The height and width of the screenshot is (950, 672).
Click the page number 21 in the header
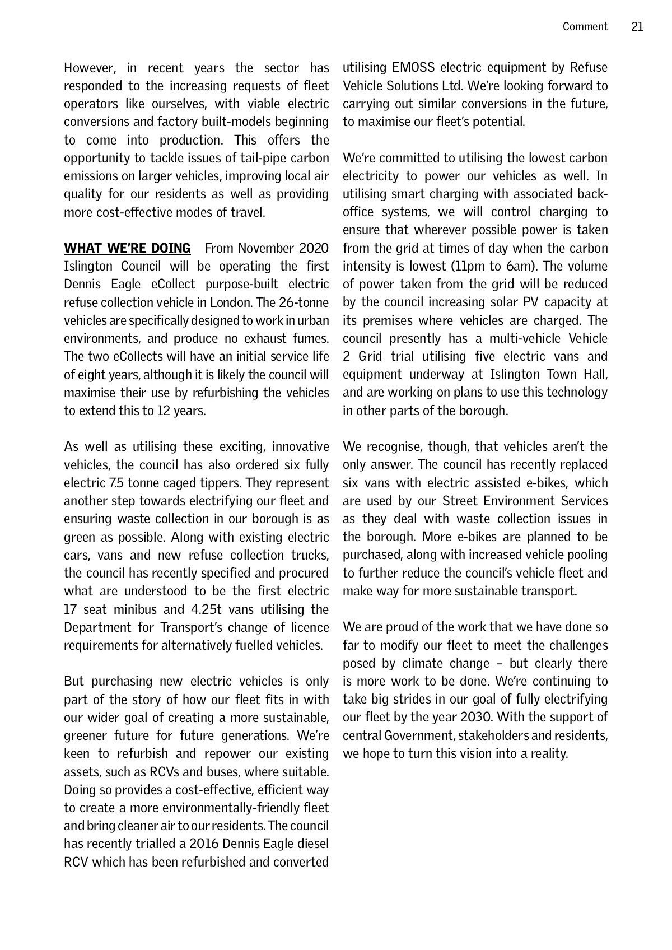[637, 27]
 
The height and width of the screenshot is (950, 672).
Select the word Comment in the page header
[585, 27]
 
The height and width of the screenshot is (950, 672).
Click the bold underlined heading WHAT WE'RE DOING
[127, 248]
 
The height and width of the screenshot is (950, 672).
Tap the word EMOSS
[414, 68]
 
